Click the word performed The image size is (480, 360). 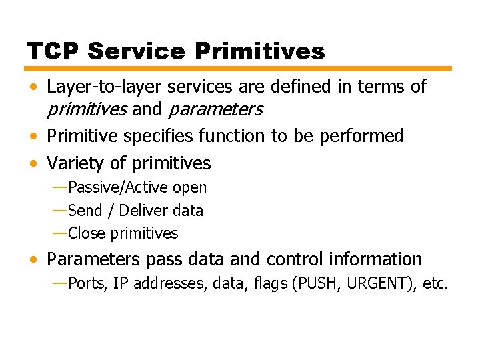pyautogui.click(x=361, y=136)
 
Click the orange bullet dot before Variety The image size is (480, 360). pyautogui.click(x=33, y=164)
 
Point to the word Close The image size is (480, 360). pyautogui.click(x=87, y=233)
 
